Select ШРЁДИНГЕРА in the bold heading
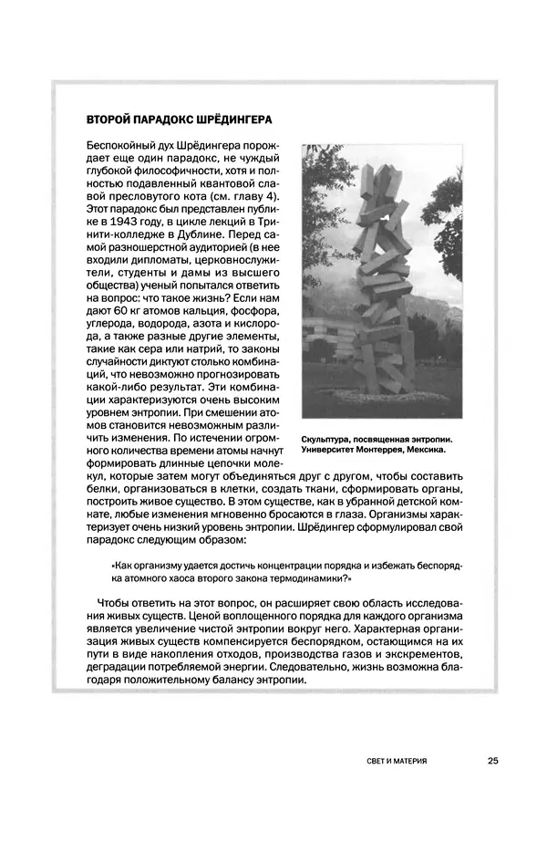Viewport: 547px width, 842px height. (x=229, y=120)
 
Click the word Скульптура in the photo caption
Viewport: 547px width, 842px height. (x=327, y=438)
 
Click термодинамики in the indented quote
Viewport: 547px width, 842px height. (x=311, y=579)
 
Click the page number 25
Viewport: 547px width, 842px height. (x=491, y=759)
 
